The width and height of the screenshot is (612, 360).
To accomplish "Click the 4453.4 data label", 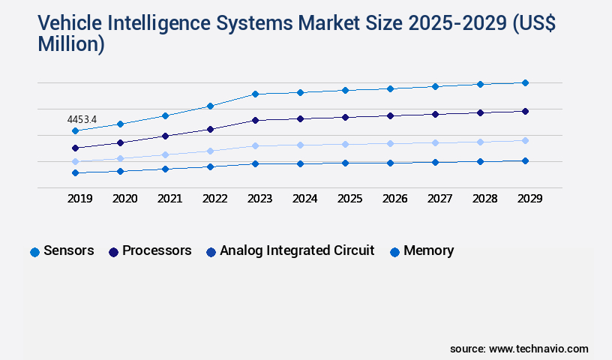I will [82, 119].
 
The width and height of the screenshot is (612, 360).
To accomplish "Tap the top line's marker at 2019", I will [75, 131].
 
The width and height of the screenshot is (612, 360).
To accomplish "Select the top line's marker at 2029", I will [525, 82].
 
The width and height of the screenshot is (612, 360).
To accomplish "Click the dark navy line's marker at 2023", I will [255, 120].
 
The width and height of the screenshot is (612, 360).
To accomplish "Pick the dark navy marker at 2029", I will [525, 111].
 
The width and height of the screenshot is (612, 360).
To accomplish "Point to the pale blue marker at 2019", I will [75, 161].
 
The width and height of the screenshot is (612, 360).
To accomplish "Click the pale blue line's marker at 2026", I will [390, 143].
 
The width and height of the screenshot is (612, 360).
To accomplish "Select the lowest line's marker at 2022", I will [210, 166].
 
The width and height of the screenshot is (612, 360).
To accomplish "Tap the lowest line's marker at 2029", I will [525, 160].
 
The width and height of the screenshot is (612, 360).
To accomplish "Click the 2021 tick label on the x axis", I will [169, 199].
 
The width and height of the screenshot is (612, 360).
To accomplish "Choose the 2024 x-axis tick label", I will [304, 199].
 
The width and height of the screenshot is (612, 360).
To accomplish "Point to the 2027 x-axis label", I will [439, 199].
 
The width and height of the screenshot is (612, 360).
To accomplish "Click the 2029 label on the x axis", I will [529, 199].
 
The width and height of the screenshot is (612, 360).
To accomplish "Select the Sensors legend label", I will [69, 250].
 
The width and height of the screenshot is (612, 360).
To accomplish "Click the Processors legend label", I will [157, 250].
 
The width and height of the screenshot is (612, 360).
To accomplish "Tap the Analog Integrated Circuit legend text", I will [296, 250].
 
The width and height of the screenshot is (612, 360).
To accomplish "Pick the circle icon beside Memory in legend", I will [394, 252].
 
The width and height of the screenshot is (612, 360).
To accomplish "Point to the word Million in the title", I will [71, 45].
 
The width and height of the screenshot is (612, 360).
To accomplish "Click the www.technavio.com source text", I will [538, 349].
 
